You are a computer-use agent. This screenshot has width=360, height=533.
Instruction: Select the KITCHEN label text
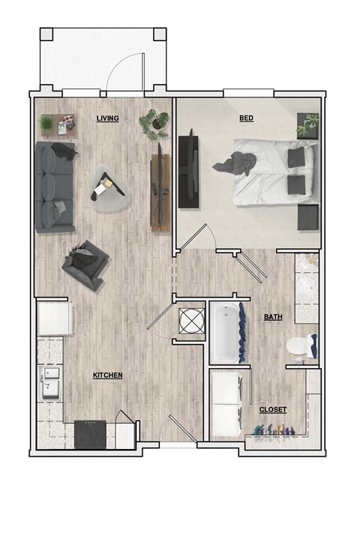point(107,375)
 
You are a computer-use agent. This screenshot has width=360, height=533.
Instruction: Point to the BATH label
point(273,318)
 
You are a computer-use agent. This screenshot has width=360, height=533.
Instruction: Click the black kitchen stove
point(91,432)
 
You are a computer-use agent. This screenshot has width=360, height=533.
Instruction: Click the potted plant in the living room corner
point(156,121)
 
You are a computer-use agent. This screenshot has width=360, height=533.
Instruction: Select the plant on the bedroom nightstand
point(308,124)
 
